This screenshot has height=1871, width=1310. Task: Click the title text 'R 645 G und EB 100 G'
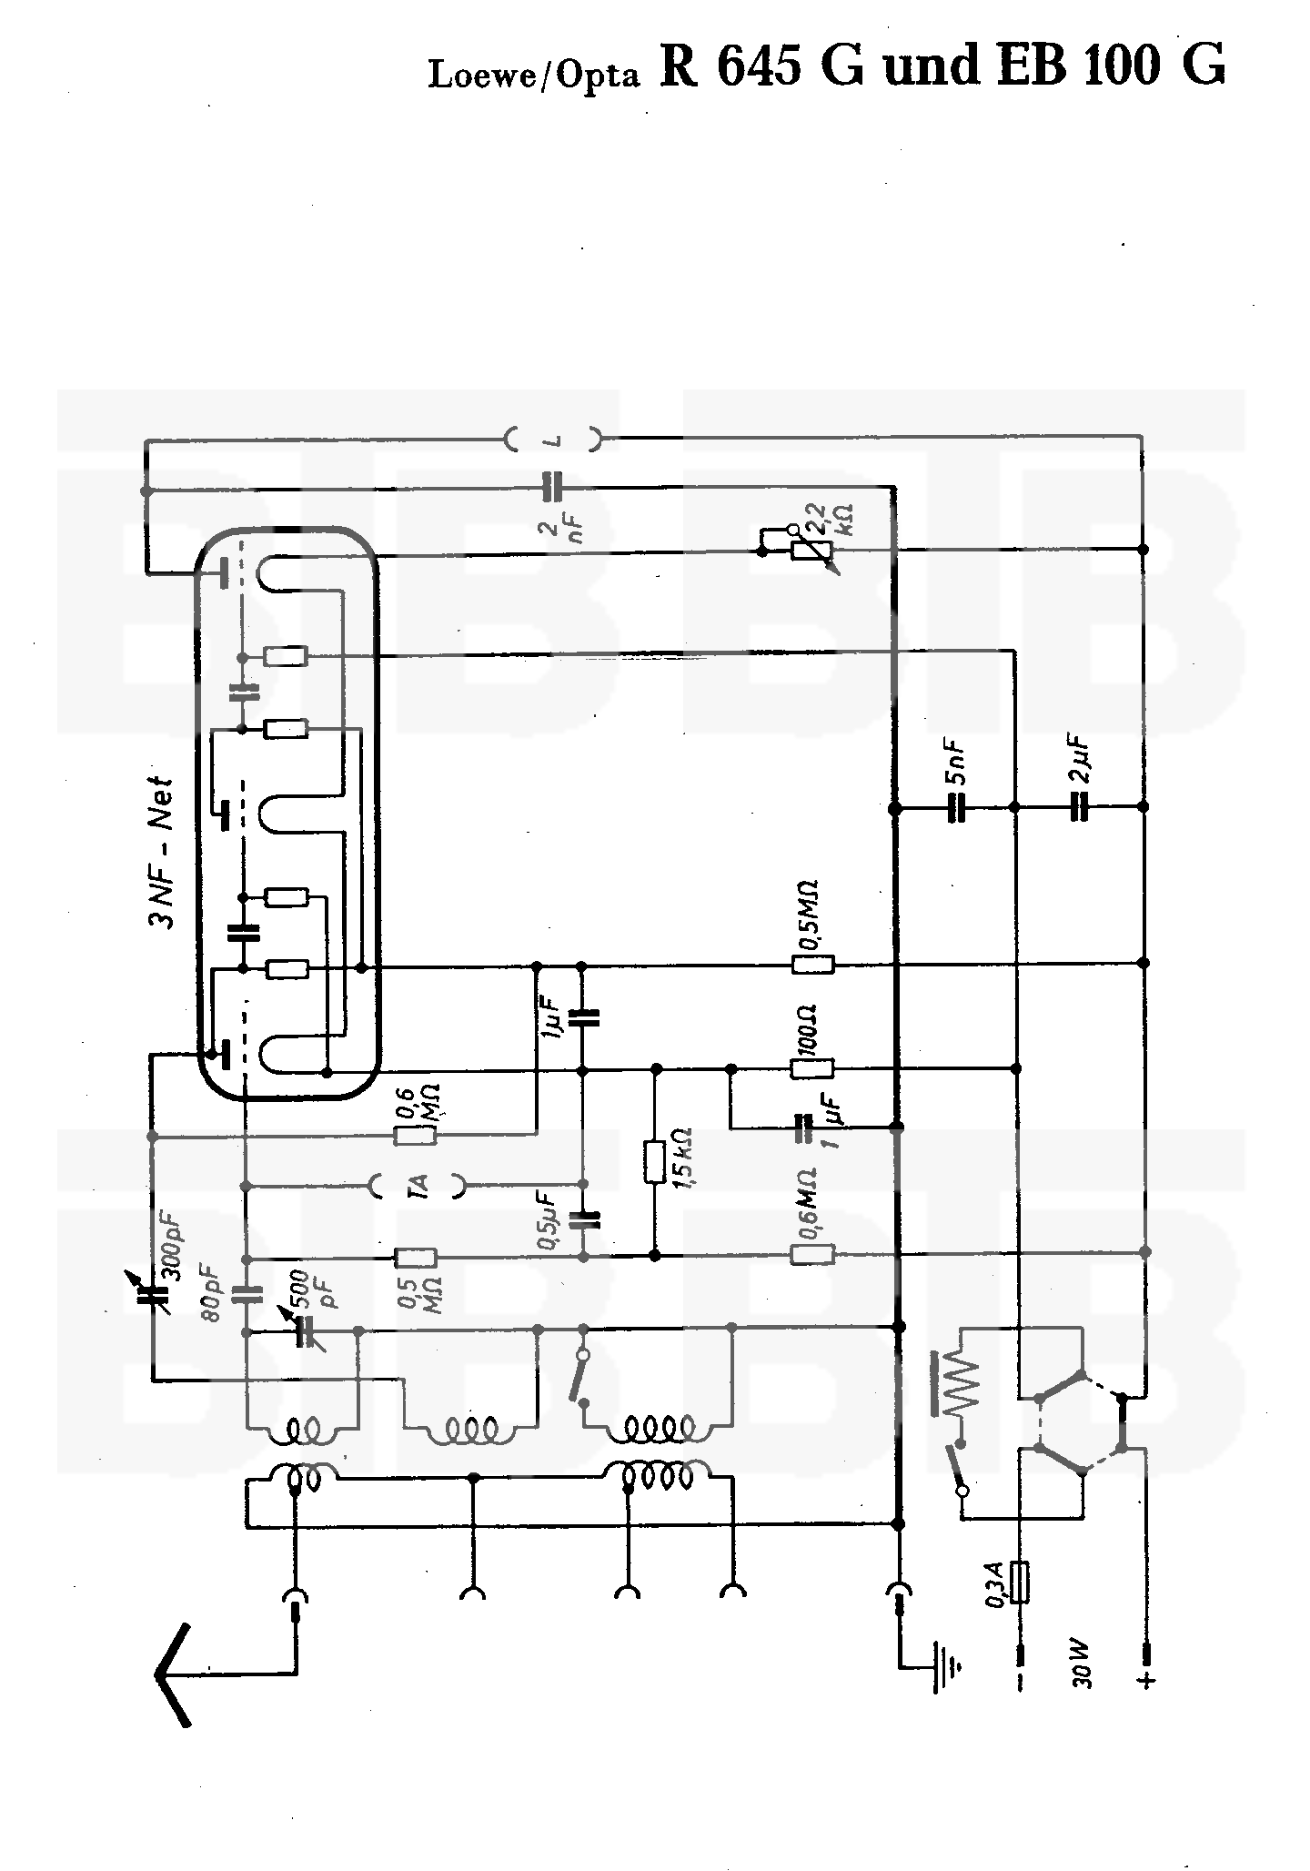click(942, 66)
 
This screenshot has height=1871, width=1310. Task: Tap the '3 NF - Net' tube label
click(160, 852)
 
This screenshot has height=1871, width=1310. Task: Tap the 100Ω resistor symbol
click(812, 1068)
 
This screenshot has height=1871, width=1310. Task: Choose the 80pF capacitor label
click(218, 1292)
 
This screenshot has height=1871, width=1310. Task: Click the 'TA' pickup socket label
click(419, 1185)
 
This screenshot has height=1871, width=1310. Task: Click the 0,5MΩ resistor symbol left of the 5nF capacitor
click(812, 964)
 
